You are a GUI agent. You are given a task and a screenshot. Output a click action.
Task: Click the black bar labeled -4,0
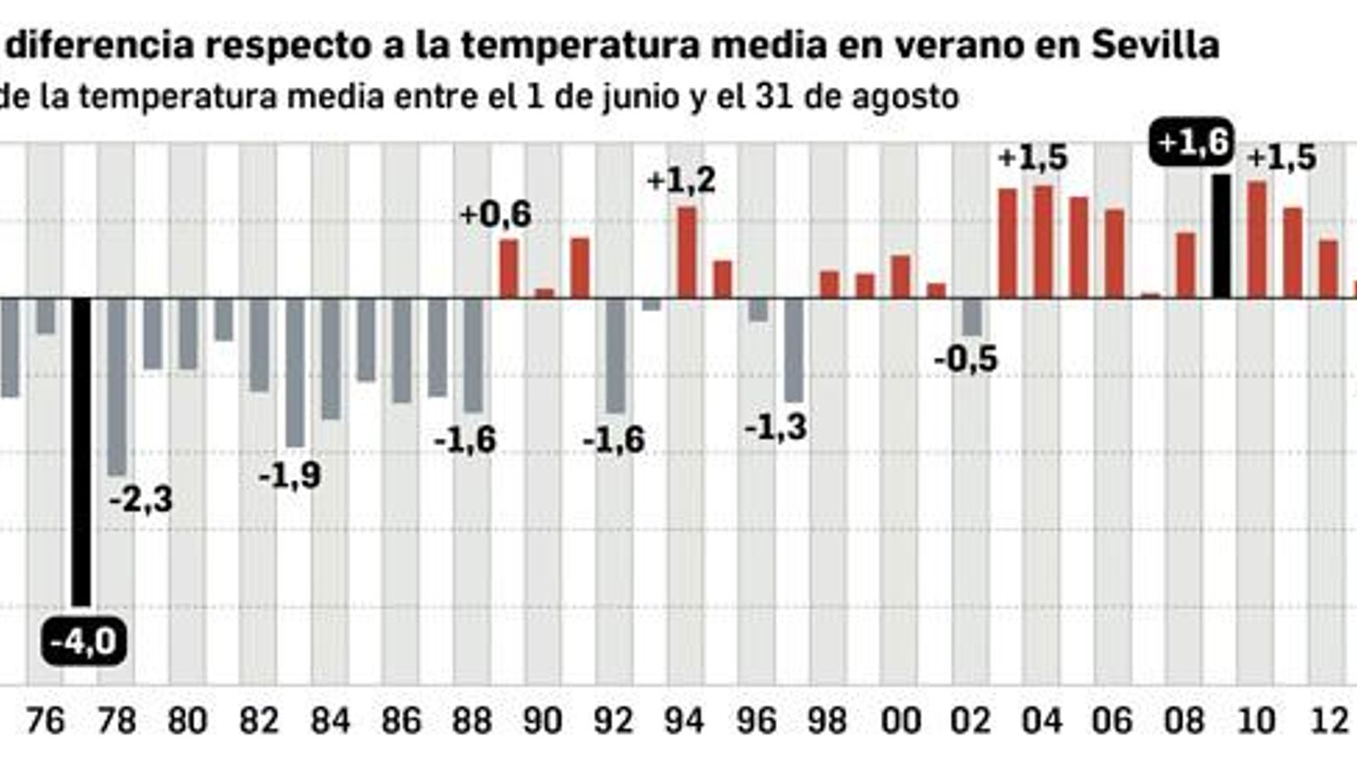pos(81,449)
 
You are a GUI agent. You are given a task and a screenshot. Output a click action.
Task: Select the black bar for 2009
pos(1220,237)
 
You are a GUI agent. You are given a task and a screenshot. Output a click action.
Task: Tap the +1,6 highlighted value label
pos(1192,142)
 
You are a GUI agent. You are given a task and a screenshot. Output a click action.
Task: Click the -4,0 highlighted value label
pos(83,642)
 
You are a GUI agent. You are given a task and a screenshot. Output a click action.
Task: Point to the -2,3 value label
pos(141,499)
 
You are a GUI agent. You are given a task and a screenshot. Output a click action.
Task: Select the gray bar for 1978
pos(116,386)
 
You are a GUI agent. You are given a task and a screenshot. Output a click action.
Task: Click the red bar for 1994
pos(686,253)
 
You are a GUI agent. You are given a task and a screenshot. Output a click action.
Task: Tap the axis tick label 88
pos(472,721)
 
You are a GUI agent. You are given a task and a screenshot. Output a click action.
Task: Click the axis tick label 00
pos(900,721)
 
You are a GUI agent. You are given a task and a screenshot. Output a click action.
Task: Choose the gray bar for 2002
pos(972,317)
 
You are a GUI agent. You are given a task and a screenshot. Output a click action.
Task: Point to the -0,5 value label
pos(965,359)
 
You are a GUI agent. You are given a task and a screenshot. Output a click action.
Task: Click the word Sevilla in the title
pos(1154,44)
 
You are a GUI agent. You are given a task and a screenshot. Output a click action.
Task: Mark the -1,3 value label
pos(775,427)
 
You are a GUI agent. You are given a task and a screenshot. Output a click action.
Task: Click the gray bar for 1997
pos(794,349)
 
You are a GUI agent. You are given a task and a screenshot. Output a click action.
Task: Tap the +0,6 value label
pos(495,214)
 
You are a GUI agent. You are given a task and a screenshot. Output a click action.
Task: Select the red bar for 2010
pos(1257,240)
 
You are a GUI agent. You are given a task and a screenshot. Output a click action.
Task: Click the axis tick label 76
pos(44,721)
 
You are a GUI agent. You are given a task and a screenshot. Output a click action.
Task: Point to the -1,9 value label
pos(289,476)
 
